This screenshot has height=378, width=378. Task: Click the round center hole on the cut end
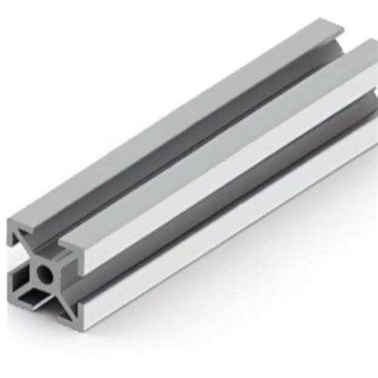pyautogui.click(x=45, y=274)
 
